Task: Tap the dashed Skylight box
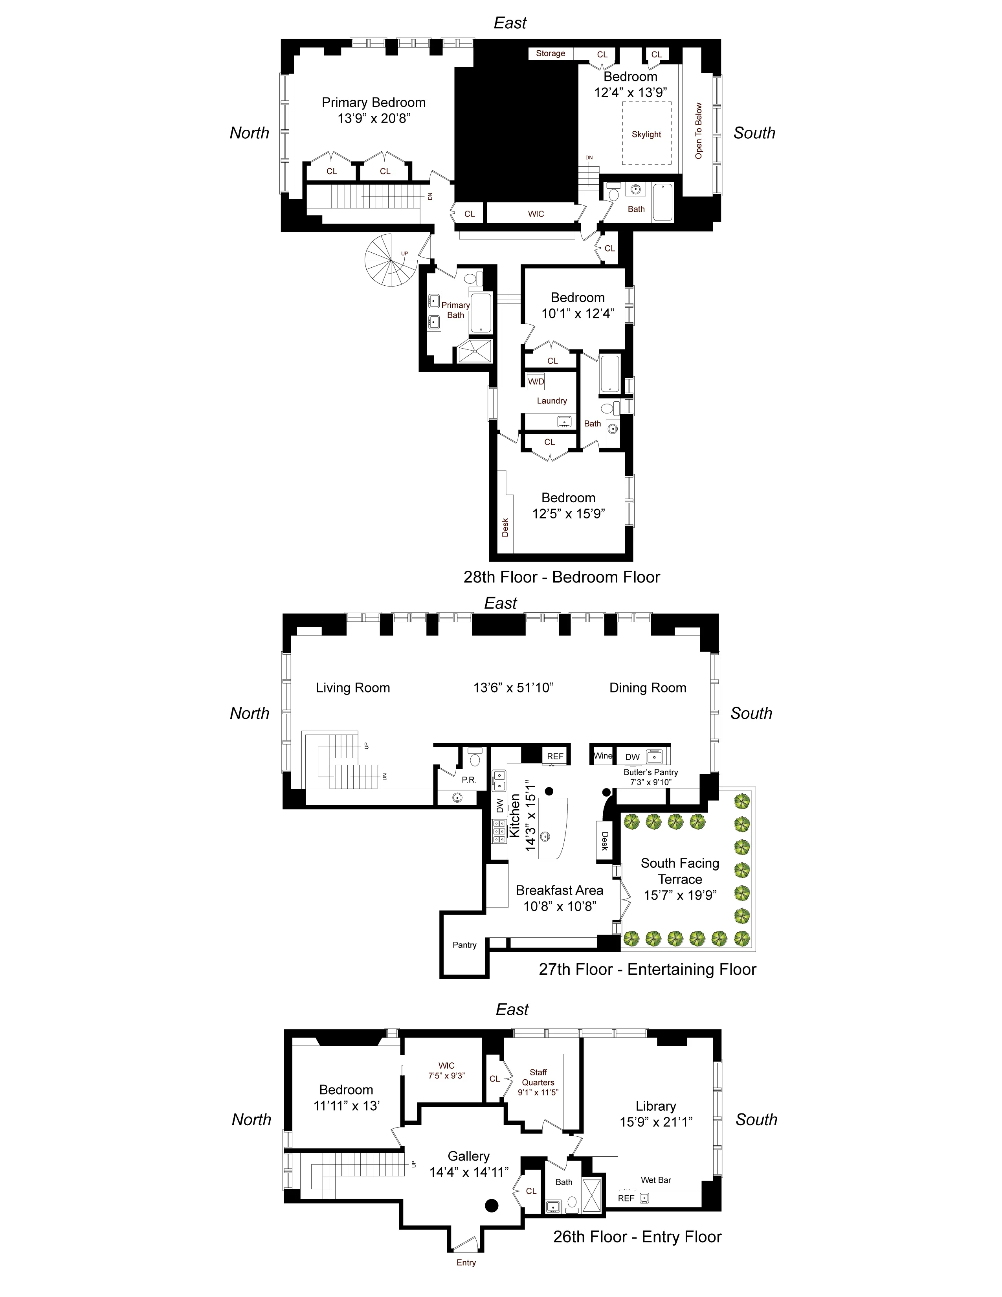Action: [x=646, y=134]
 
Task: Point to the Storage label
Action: [x=550, y=53]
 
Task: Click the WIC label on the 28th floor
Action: [x=536, y=214]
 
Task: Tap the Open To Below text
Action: [x=699, y=130]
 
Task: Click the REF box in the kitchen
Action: [x=555, y=756]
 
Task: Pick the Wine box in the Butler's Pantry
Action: [x=602, y=755]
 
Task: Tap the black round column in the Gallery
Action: [x=491, y=1205]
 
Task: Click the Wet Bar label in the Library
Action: [x=656, y=1180]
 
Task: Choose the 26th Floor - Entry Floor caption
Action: [x=637, y=1237]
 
